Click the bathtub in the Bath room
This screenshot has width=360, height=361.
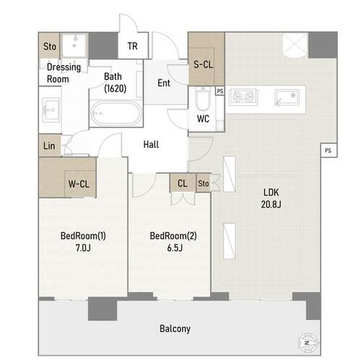pos(116,113)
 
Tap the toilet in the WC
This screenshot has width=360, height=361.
pos(203,99)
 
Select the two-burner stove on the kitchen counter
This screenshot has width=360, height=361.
pos(243,97)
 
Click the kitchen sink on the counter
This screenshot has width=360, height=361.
pos(287,97)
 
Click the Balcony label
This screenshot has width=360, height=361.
pos(175,329)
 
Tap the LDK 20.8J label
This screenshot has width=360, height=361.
pos(271,198)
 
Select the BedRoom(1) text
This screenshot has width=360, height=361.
pos(83,236)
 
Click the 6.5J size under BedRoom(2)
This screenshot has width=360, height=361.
pos(175,248)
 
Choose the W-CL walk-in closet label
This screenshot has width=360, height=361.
pos(79,184)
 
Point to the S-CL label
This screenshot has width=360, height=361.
pos(203,64)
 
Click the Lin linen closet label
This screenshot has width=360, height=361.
pos(49,146)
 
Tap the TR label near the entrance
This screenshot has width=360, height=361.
pos(132,46)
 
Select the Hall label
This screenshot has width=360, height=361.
pos(151,144)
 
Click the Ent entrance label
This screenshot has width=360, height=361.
pos(164,83)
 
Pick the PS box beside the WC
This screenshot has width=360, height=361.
pos(220,91)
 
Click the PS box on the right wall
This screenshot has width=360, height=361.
pos(328,151)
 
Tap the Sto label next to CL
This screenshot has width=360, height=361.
pos(203,183)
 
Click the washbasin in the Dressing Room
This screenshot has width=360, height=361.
pos(51,110)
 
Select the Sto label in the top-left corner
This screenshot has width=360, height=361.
pos(50,46)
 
